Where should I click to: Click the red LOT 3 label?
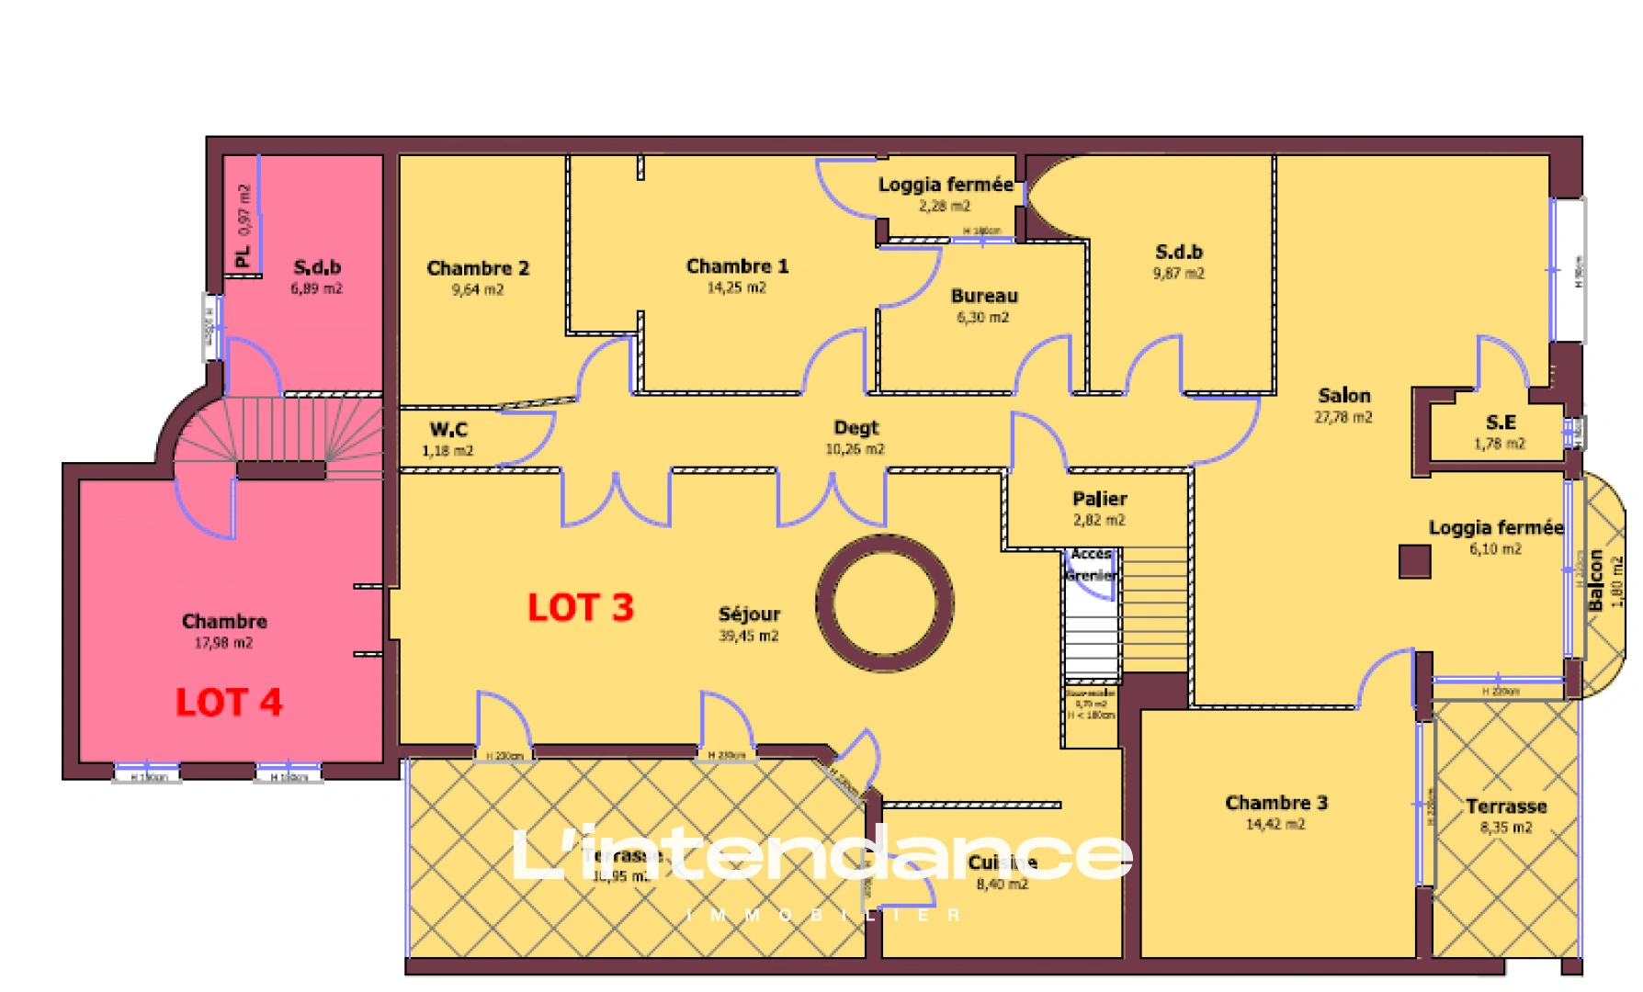click(581, 608)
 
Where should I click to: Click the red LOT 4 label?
click(229, 703)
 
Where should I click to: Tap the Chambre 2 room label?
click(478, 268)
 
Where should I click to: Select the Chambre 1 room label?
click(737, 266)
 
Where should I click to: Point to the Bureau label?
click(984, 296)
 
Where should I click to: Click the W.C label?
click(448, 429)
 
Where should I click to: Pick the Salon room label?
click(1343, 396)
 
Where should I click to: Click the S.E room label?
click(1501, 423)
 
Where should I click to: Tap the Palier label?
click(1099, 499)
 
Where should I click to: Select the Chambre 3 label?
click(1276, 803)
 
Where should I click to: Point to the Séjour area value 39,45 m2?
click(749, 636)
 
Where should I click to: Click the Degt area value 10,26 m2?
click(855, 449)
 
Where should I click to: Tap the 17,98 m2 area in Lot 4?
click(223, 643)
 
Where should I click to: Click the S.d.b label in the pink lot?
click(317, 267)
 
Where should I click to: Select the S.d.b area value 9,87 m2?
click(1179, 274)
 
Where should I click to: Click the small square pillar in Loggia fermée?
click(1414, 561)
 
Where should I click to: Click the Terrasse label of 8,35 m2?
click(1506, 806)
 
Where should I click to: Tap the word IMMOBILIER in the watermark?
click(823, 915)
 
